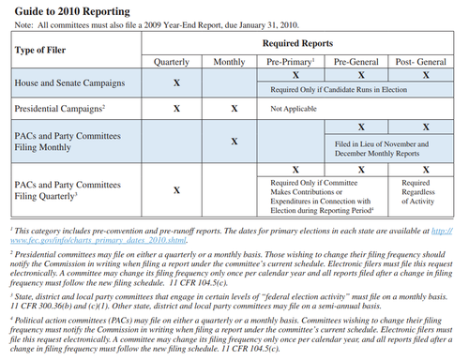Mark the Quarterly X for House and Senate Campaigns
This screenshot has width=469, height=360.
175,82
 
